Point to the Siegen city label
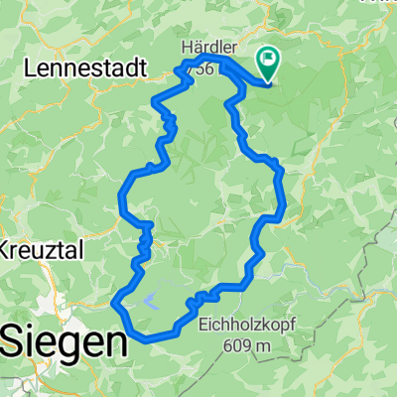pyautogui.click(x=64, y=342)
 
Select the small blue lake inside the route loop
pyautogui.click(x=151, y=297)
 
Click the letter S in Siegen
pyautogui.click(x=12, y=342)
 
